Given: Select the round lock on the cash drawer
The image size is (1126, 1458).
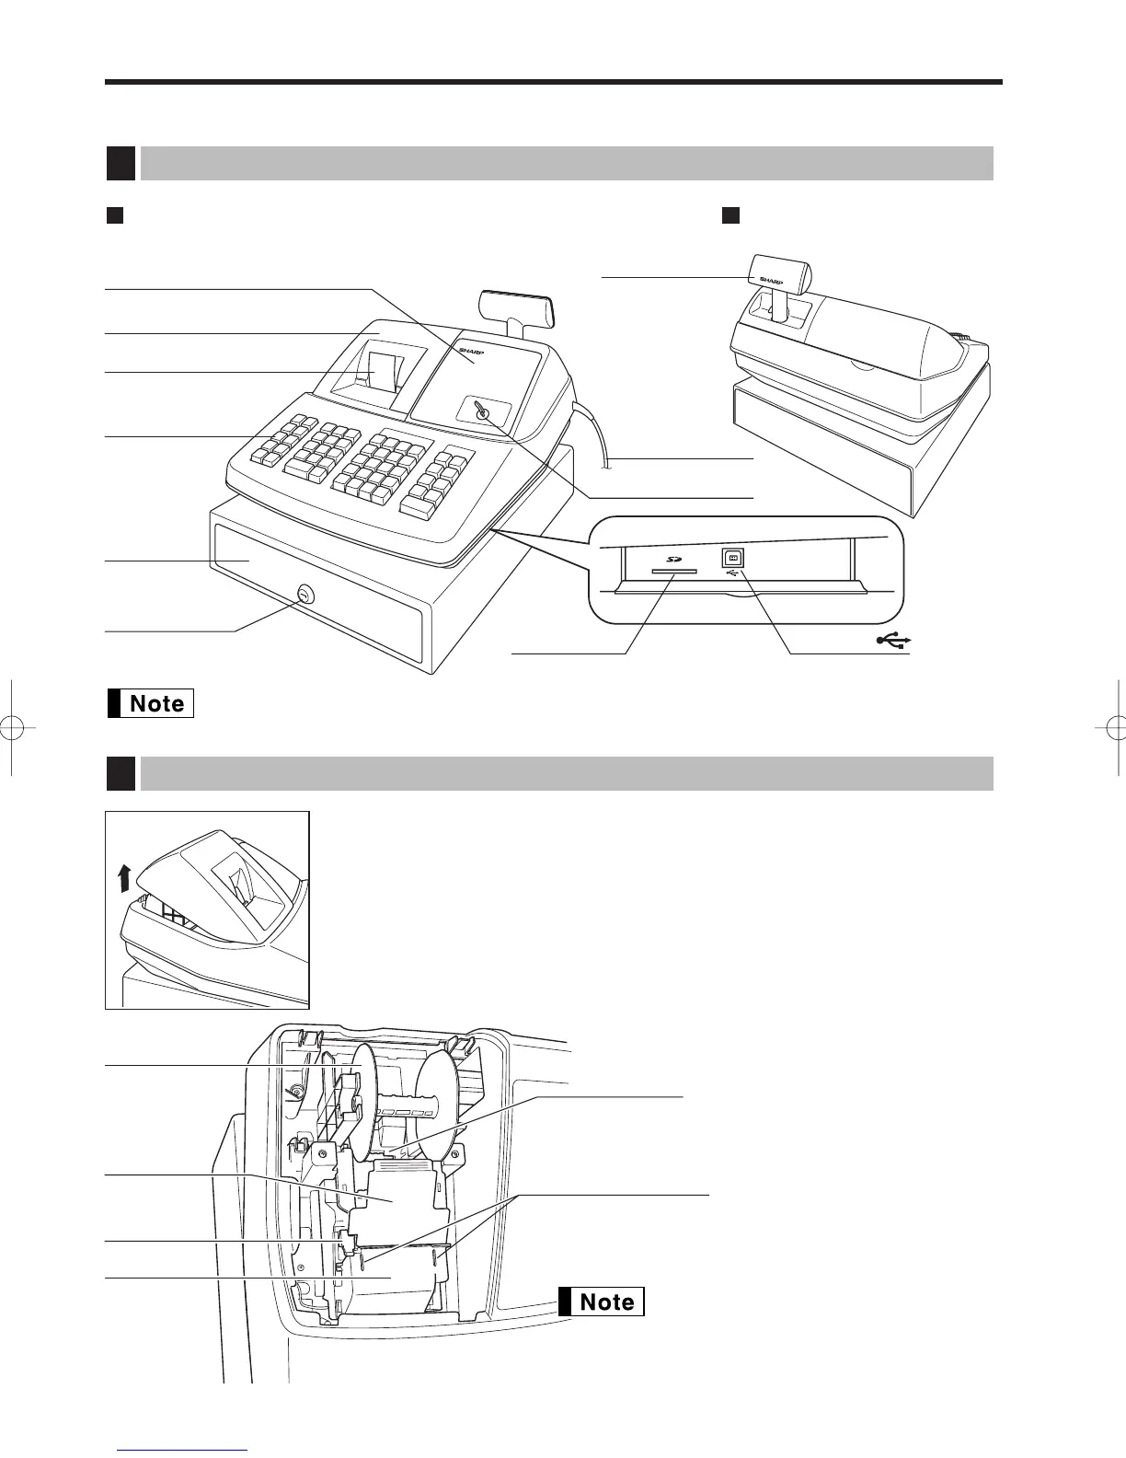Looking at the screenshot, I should (304, 596).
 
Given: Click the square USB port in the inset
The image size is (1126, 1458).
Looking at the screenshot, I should (733, 558).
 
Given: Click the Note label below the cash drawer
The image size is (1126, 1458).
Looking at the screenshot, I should (151, 703).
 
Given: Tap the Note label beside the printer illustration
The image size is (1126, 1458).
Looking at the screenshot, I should (600, 1302).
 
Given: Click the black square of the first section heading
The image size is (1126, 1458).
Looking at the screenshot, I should (121, 163).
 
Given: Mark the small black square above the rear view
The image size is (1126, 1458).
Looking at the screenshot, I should (730, 215).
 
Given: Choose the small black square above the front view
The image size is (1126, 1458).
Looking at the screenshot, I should (114, 215).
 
